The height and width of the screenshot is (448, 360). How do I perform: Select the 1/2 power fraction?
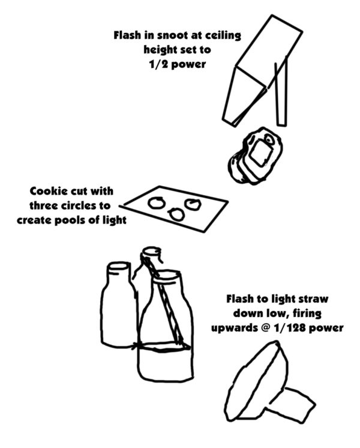click(x=159, y=64)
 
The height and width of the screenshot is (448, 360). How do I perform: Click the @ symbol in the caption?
click(x=265, y=328)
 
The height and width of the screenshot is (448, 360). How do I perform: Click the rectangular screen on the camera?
click(x=260, y=154)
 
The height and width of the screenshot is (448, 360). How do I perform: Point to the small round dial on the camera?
click(x=269, y=139)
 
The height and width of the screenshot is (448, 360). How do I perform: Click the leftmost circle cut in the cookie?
click(x=157, y=202)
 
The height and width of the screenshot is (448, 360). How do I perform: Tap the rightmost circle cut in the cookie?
click(x=193, y=204)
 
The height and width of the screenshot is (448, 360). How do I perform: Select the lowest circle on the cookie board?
click(x=176, y=214)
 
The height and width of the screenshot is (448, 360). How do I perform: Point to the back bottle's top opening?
click(x=152, y=252)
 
